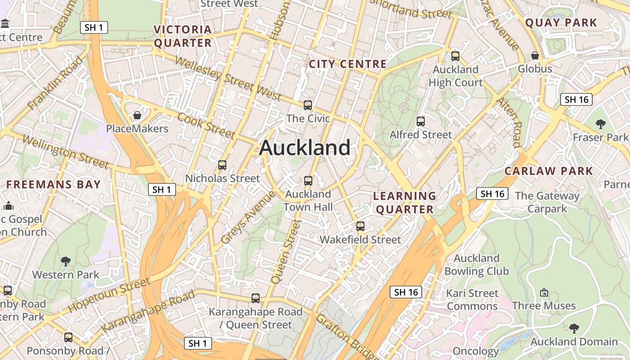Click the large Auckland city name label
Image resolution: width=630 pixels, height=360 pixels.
[x=305, y=148]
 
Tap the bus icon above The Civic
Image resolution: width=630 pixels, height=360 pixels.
[x=308, y=105]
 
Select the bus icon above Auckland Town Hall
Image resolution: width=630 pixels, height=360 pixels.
[x=308, y=181]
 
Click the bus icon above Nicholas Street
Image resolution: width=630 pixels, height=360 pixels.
[x=222, y=165]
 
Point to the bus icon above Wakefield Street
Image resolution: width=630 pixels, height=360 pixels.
[x=360, y=226]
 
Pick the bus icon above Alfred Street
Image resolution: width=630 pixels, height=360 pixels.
[x=421, y=121]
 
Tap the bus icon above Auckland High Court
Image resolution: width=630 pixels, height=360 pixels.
[x=455, y=56]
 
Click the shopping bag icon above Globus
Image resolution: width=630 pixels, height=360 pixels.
[x=535, y=55]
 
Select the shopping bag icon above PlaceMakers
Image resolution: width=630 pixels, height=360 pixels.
[x=137, y=116]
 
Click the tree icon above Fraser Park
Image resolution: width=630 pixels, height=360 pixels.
[x=600, y=124]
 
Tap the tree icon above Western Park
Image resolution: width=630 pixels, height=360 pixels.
[x=66, y=261]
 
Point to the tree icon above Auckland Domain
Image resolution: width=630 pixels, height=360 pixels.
[x=574, y=328]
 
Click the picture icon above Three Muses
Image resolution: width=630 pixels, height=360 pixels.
[x=544, y=292]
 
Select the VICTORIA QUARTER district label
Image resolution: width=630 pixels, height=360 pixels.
[x=183, y=36]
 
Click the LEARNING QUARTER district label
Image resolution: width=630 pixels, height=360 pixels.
[x=405, y=202]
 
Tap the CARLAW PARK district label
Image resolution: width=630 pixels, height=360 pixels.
[x=549, y=171]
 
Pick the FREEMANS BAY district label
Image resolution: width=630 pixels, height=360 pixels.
[x=54, y=184]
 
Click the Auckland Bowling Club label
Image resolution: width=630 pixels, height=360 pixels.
[x=477, y=265]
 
